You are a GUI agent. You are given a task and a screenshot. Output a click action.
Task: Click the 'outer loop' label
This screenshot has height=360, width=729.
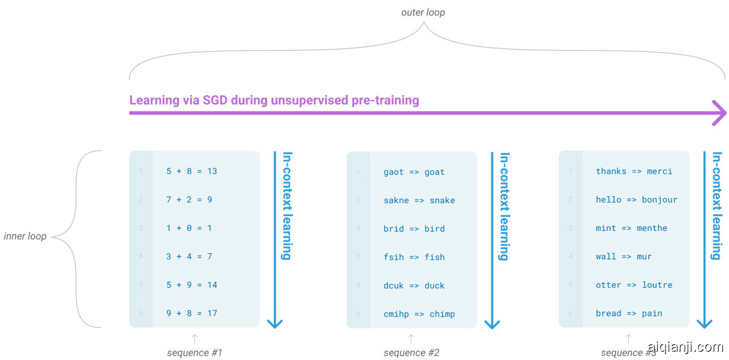tap(423, 12)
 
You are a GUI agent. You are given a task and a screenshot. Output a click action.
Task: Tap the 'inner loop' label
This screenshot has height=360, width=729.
tap(25, 236)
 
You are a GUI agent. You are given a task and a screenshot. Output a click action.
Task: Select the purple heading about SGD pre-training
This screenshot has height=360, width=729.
tap(274, 100)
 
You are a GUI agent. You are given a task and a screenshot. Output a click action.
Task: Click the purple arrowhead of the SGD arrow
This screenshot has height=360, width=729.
tap(719, 113)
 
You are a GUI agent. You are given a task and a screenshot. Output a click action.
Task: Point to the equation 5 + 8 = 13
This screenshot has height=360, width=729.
tap(191, 171)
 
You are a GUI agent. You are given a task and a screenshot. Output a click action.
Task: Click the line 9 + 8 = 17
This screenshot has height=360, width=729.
tap(191, 313)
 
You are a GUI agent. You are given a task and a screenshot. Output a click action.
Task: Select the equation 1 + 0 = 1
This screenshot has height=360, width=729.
tap(189, 228)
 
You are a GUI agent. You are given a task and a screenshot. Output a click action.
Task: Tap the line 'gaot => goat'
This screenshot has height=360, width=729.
tap(414, 172)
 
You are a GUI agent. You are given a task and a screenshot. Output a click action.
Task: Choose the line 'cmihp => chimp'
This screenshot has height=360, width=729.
tap(419, 314)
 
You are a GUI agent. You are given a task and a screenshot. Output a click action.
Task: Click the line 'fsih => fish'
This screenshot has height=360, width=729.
tap(414, 257)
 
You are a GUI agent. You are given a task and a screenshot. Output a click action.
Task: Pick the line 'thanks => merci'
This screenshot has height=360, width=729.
tap(634, 171)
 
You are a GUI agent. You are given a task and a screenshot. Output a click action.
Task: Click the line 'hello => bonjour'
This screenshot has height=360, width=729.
tap(636, 200)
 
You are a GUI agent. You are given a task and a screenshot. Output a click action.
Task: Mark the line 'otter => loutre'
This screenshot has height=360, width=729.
tap(634, 285)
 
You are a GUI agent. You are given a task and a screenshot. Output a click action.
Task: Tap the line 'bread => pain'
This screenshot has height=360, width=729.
tap(629, 313)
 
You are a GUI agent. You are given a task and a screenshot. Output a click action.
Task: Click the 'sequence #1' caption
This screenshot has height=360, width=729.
tap(194, 353)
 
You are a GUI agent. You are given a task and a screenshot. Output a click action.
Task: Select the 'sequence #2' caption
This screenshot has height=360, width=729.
tap(411, 353)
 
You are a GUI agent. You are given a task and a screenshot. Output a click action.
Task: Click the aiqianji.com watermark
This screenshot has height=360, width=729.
tap(684, 347)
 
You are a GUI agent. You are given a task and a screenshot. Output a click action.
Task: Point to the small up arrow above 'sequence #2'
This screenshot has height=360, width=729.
tap(411, 339)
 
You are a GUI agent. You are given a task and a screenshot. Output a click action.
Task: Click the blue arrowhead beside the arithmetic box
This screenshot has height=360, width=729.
tap(275, 323)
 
